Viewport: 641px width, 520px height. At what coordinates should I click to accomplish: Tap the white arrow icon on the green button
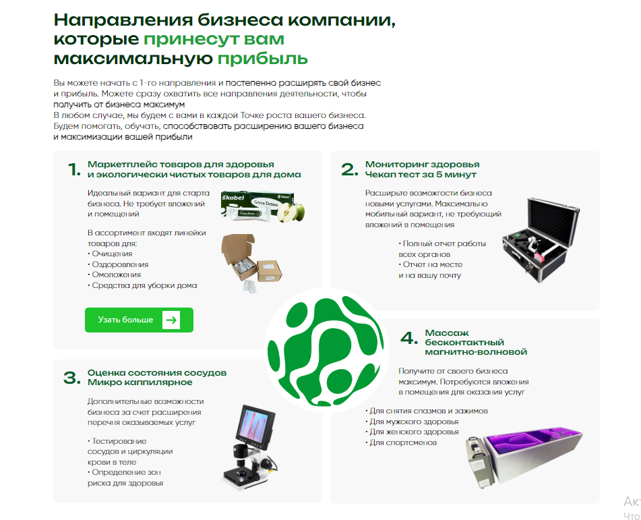coord(172,320)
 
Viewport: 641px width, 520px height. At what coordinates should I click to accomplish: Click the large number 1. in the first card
coord(73,169)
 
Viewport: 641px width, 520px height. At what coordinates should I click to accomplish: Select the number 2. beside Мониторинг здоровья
coord(348,169)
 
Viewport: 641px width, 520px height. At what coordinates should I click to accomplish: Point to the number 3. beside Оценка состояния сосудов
coord(71,378)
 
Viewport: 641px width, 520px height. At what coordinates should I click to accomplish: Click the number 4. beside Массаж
coord(409,338)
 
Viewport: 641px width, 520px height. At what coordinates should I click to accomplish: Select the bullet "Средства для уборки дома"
coord(143,285)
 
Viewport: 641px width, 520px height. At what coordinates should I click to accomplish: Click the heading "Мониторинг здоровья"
coord(423,164)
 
